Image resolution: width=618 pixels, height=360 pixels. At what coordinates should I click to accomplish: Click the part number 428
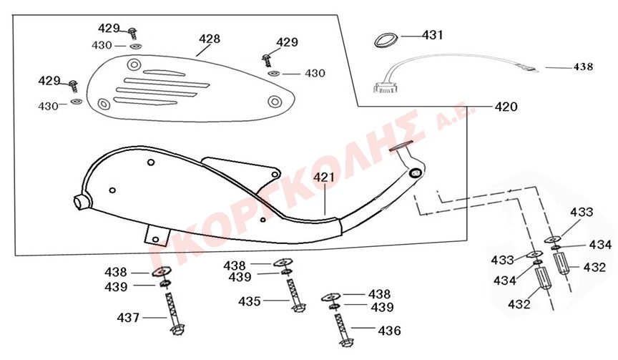[x=210, y=39]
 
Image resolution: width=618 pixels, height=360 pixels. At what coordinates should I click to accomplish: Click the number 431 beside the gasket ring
[x=433, y=34]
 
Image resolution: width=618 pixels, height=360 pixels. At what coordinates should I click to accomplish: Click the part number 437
[x=129, y=316]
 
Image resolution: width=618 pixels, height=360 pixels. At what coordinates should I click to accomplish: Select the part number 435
[x=250, y=301]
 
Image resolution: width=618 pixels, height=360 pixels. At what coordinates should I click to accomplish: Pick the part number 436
[x=390, y=331]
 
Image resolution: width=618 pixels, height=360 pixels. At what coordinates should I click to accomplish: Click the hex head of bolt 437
[x=177, y=331]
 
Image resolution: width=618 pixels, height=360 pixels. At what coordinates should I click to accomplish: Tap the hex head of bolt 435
[x=297, y=308]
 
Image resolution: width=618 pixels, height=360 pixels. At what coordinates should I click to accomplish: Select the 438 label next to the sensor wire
[x=583, y=67]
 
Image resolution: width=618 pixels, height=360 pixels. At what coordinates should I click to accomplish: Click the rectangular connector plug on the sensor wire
[x=385, y=89]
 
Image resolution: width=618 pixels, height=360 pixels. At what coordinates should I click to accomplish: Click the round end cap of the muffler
[x=81, y=201]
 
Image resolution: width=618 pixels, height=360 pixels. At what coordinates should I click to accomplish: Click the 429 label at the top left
[x=109, y=29]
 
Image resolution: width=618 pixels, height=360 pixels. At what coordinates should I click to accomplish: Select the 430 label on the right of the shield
[x=315, y=73]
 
